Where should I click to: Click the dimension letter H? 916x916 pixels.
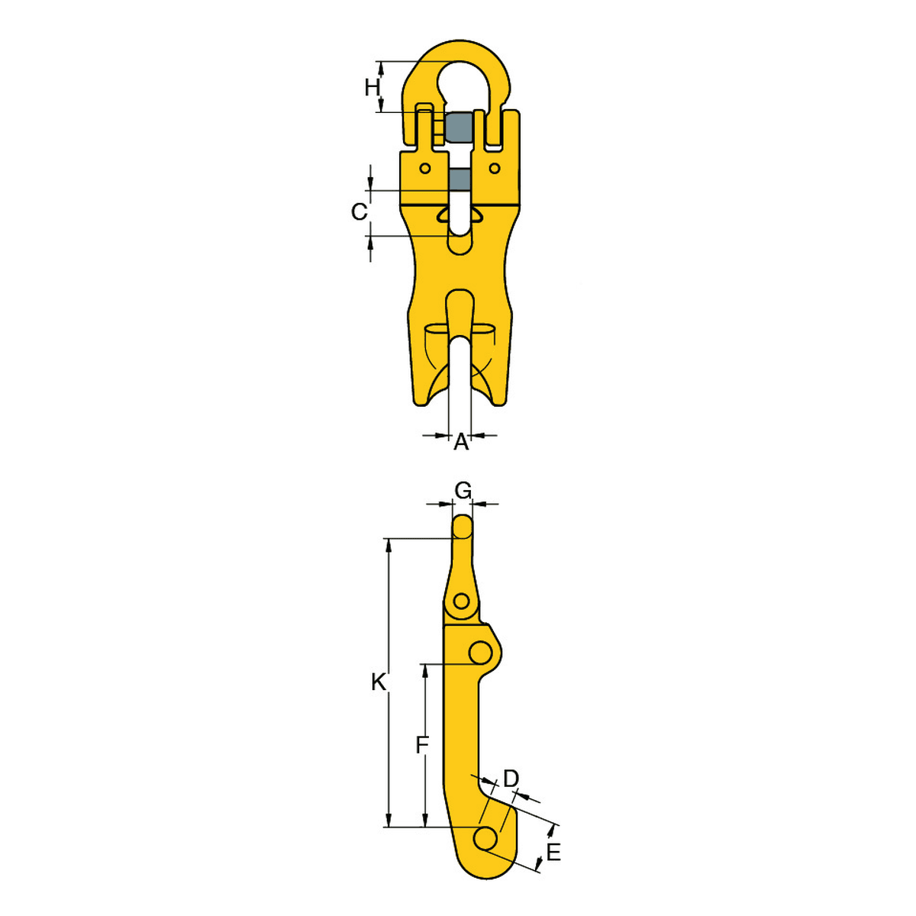click(x=373, y=88)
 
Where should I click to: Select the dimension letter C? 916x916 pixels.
click(x=360, y=211)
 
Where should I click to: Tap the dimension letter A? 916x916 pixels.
click(x=460, y=443)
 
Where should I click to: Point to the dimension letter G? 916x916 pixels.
click(x=463, y=489)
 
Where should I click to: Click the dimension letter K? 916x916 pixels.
click(x=379, y=682)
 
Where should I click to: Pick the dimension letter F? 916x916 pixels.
click(x=422, y=744)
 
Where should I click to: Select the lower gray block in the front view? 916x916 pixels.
click(x=459, y=179)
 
